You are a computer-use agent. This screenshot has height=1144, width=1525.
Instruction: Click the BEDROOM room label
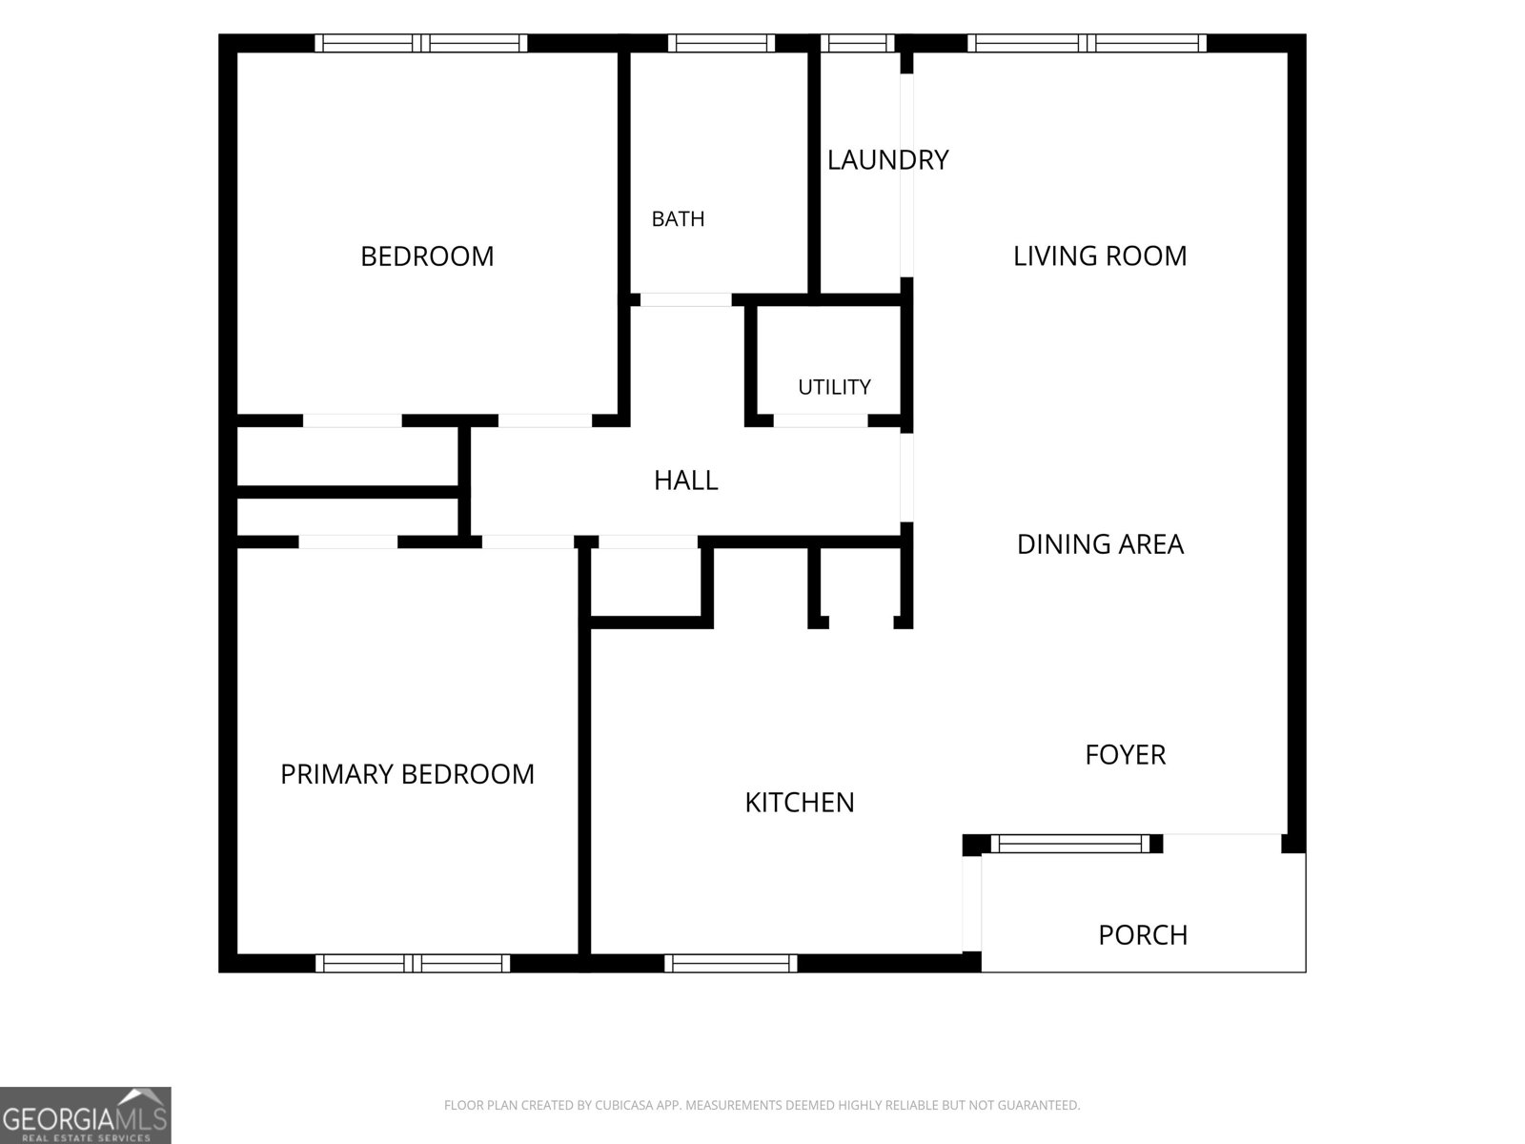[x=427, y=256]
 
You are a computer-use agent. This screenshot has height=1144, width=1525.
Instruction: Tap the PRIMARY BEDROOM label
[x=407, y=774]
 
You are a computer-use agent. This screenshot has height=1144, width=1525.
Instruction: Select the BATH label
[x=678, y=219]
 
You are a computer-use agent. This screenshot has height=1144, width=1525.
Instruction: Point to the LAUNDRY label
[x=887, y=160]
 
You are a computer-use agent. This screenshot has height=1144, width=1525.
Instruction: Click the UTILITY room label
[x=834, y=387]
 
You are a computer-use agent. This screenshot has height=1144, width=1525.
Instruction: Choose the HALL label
[x=685, y=480]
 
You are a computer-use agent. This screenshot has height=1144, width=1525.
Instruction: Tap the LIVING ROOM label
[x=1100, y=255]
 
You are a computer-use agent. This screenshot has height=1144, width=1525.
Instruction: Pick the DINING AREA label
[x=1100, y=543]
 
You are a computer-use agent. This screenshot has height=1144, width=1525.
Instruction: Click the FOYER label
[x=1125, y=754]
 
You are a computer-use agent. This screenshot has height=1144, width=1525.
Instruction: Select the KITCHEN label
[x=799, y=803]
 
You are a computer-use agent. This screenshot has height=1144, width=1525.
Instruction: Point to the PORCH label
[x=1143, y=935]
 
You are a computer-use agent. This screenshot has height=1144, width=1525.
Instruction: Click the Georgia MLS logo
[x=86, y=1115]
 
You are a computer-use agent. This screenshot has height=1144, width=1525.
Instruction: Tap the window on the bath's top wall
[x=722, y=43]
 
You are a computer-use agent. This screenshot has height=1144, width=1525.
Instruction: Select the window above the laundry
[x=857, y=43]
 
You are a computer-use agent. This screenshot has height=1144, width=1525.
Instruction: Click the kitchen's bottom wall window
[x=731, y=964]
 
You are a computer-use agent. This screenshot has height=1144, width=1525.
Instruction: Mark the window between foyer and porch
[x=1070, y=844]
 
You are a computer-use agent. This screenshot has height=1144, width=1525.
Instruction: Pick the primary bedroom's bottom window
[x=413, y=964]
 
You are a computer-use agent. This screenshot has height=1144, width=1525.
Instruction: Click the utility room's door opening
[x=821, y=420]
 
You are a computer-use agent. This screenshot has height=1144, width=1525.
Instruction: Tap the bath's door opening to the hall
[x=685, y=299]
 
